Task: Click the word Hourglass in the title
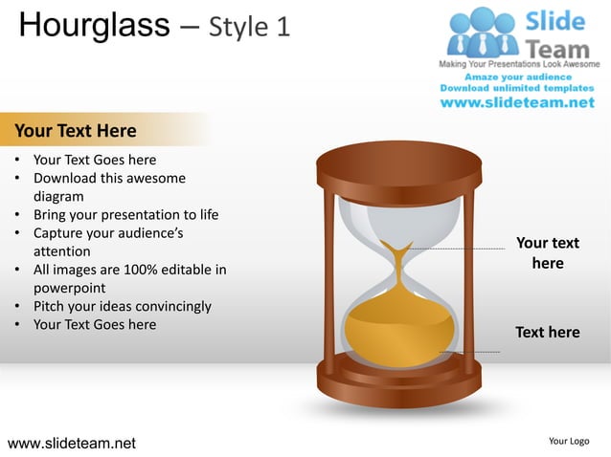(x=94, y=25)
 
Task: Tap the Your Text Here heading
(x=76, y=130)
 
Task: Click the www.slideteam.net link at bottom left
(x=72, y=443)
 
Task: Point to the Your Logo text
(x=569, y=441)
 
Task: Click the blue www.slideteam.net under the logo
(x=517, y=102)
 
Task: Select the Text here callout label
(x=547, y=332)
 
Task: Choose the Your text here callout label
(x=547, y=252)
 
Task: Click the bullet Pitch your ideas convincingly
(x=122, y=306)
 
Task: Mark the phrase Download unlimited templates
(x=517, y=87)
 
